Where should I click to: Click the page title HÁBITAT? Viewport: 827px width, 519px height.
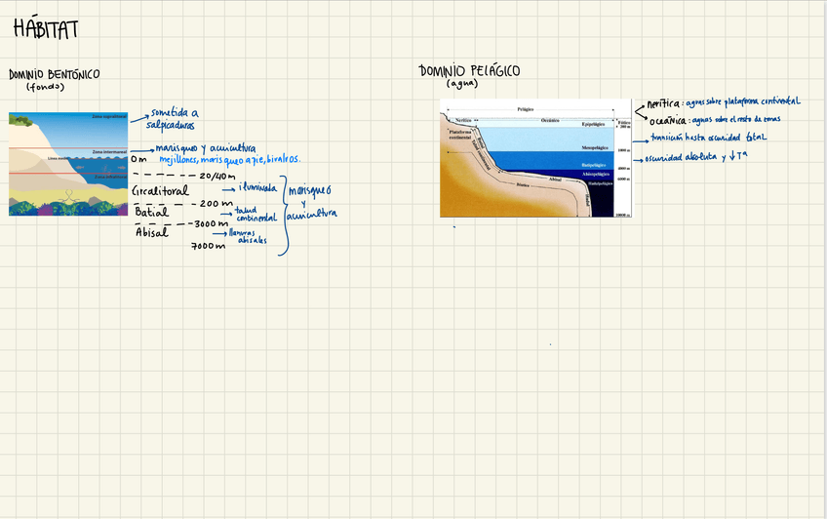coord(46,30)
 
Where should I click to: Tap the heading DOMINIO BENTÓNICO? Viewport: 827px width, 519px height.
coord(54,74)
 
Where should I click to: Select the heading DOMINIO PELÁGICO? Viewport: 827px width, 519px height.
coord(469,71)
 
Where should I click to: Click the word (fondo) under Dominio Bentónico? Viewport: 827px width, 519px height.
coord(45,87)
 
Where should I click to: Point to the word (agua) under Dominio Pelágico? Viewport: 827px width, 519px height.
coord(461,84)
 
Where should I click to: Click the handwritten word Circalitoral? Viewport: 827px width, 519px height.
coord(160,191)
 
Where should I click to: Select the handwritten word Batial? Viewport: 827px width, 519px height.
coord(151,212)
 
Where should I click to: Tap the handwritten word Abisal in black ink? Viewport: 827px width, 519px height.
coord(151,232)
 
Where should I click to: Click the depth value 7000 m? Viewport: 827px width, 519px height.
coord(208,246)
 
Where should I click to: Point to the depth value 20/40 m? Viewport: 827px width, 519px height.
coord(217,176)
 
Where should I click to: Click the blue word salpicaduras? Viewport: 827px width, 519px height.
coord(171,125)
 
